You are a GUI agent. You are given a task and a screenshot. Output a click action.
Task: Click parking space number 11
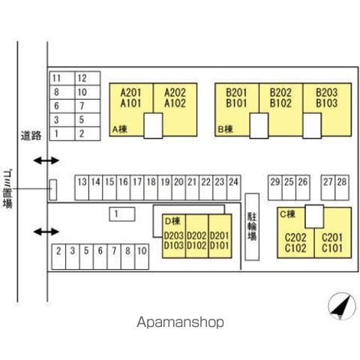pos(62,79)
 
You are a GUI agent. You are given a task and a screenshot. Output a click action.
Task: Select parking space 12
pos(88,79)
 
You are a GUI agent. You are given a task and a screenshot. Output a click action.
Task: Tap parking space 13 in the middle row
pos(82,187)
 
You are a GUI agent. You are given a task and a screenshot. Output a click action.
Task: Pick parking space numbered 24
pos(234,187)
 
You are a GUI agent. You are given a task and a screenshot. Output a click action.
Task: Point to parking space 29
pos(275,187)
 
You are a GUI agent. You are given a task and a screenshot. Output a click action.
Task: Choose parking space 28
pos(342,187)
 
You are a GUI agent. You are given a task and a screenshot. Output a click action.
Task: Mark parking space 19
pos(165,187)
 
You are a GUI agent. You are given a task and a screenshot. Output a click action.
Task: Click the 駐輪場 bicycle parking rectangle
pos(252,226)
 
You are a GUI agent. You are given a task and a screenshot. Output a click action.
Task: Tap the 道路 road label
pos(31,136)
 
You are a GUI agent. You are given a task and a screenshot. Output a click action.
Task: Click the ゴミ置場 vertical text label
pos(7,189)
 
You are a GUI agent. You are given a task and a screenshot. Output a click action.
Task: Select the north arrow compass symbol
pos(342,307)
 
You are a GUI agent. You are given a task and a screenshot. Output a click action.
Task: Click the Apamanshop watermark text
pos(180,322)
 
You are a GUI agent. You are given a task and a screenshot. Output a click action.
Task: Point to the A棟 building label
pos(120,129)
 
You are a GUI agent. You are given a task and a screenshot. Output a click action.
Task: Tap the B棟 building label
pos(226,129)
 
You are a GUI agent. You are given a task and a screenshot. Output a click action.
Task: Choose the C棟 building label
pos(288,214)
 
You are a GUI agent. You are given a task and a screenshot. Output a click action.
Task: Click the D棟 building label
pos(172,221)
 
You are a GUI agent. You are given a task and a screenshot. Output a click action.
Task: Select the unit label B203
pos(327,92)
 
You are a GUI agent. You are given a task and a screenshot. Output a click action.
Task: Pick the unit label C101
pos(332,248)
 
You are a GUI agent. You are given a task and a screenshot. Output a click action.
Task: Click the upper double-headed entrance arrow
pos(46,160)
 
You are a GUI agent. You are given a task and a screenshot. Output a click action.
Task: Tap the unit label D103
pos(174,245)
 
